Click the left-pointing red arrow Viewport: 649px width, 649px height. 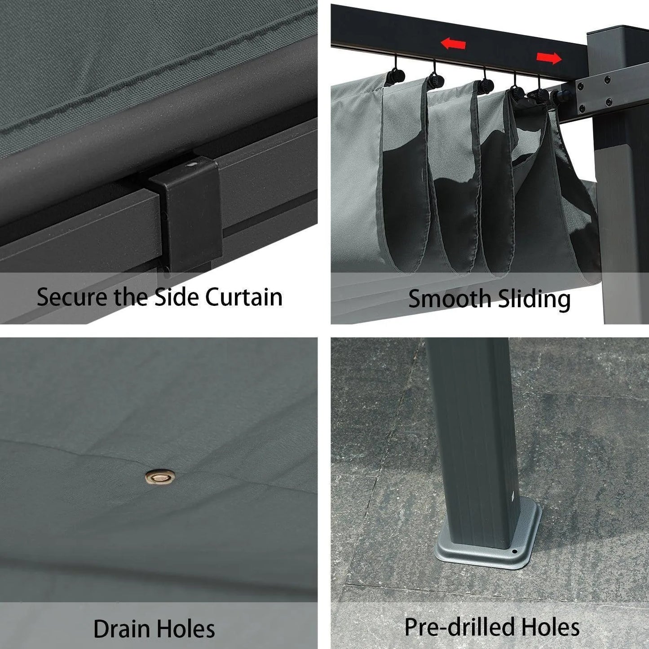453,44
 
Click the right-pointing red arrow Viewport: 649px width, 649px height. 549,58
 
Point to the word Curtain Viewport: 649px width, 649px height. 244,297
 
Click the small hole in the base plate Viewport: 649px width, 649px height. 514,552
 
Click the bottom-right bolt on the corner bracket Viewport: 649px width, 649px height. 609,102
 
